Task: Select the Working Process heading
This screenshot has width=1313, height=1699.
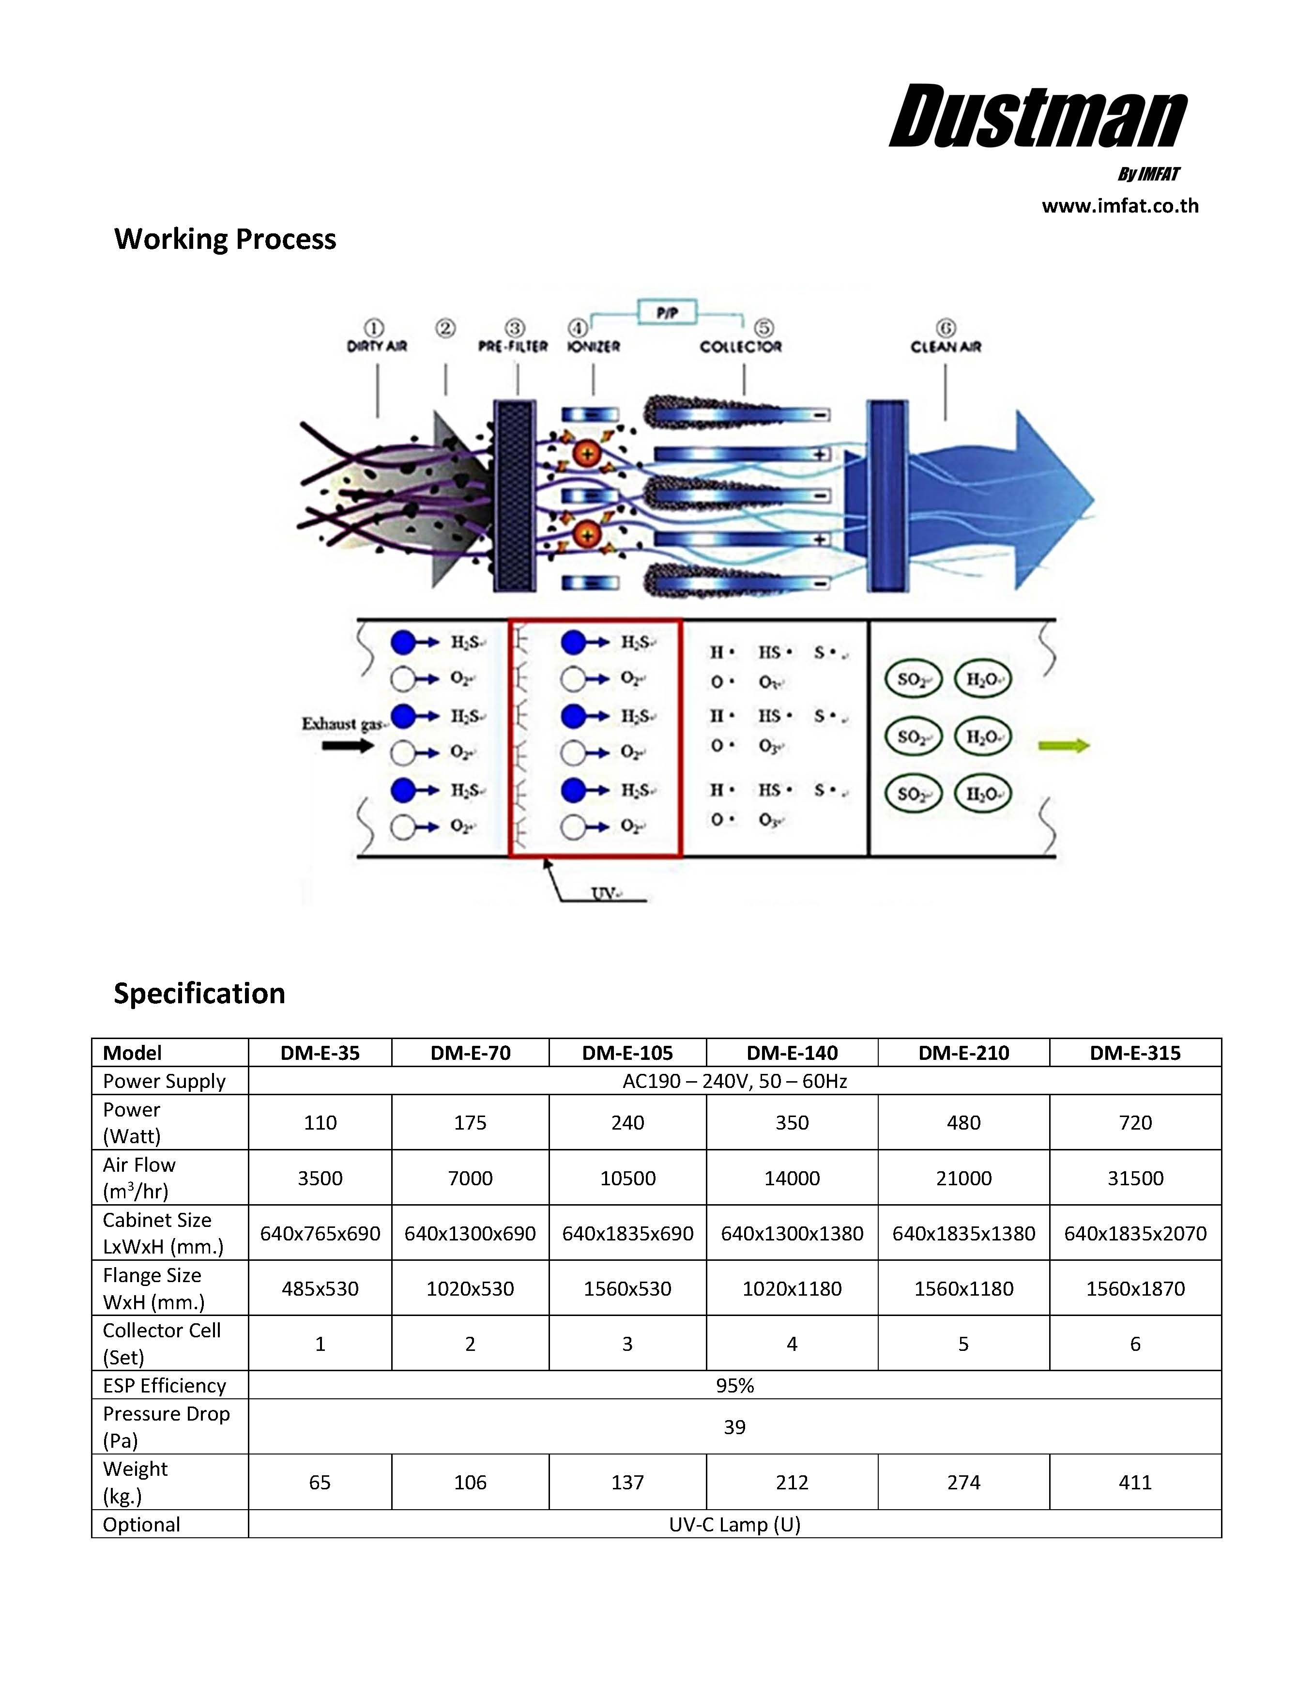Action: point(225,239)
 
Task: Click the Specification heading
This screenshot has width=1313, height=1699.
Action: point(199,994)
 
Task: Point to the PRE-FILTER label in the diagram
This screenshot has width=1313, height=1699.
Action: point(513,346)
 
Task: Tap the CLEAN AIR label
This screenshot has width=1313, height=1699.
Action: point(946,346)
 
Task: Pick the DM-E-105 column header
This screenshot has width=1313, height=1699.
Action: point(627,1053)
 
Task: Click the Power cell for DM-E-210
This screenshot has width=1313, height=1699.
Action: point(963,1122)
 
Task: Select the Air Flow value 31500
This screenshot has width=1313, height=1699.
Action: point(1135,1178)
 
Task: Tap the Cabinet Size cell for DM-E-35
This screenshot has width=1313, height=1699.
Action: point(320,1233)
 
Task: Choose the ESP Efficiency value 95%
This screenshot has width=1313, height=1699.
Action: point(734,1386)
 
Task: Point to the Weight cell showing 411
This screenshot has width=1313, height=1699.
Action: point(1135,1482)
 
